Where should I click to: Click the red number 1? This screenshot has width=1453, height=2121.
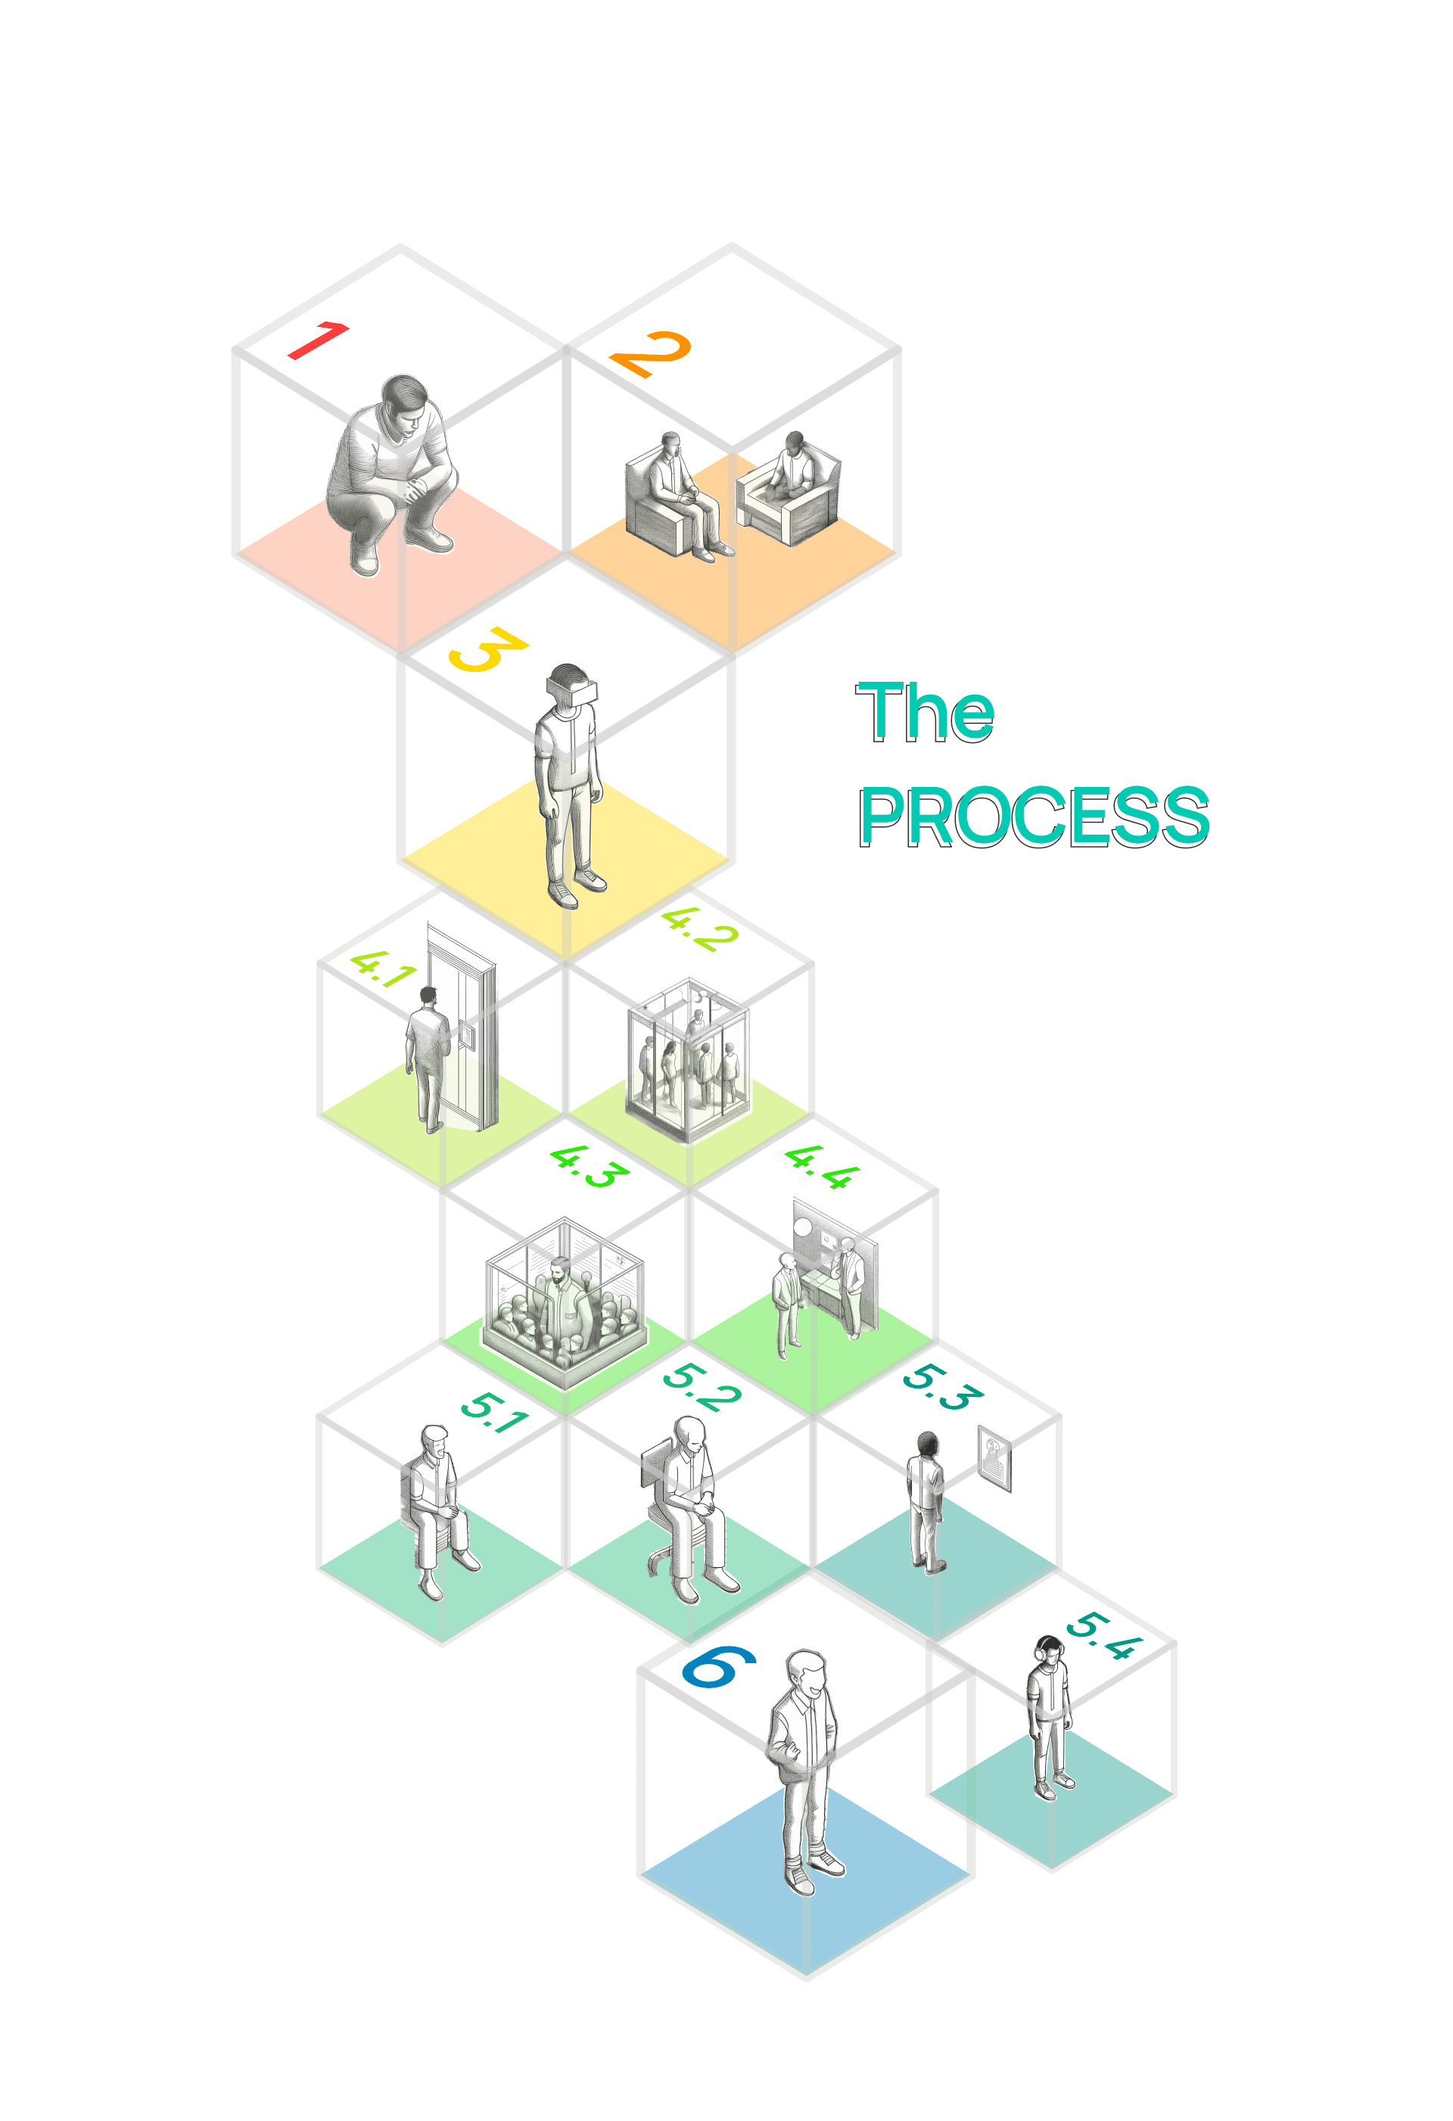[319, 341]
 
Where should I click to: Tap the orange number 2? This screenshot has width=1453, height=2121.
[651, 354]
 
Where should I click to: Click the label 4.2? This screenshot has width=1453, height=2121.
[699, 930]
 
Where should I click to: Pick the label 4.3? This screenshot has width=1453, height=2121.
[590, 1166]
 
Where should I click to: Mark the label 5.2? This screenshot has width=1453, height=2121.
[701, 1387]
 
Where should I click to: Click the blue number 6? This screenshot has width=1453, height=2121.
[719, 1666]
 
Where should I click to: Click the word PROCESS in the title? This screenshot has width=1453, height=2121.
[1033, 816]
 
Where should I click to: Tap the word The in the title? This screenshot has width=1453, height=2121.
[925, 712]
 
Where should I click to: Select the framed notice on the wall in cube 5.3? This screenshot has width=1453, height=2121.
[994, 1457]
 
